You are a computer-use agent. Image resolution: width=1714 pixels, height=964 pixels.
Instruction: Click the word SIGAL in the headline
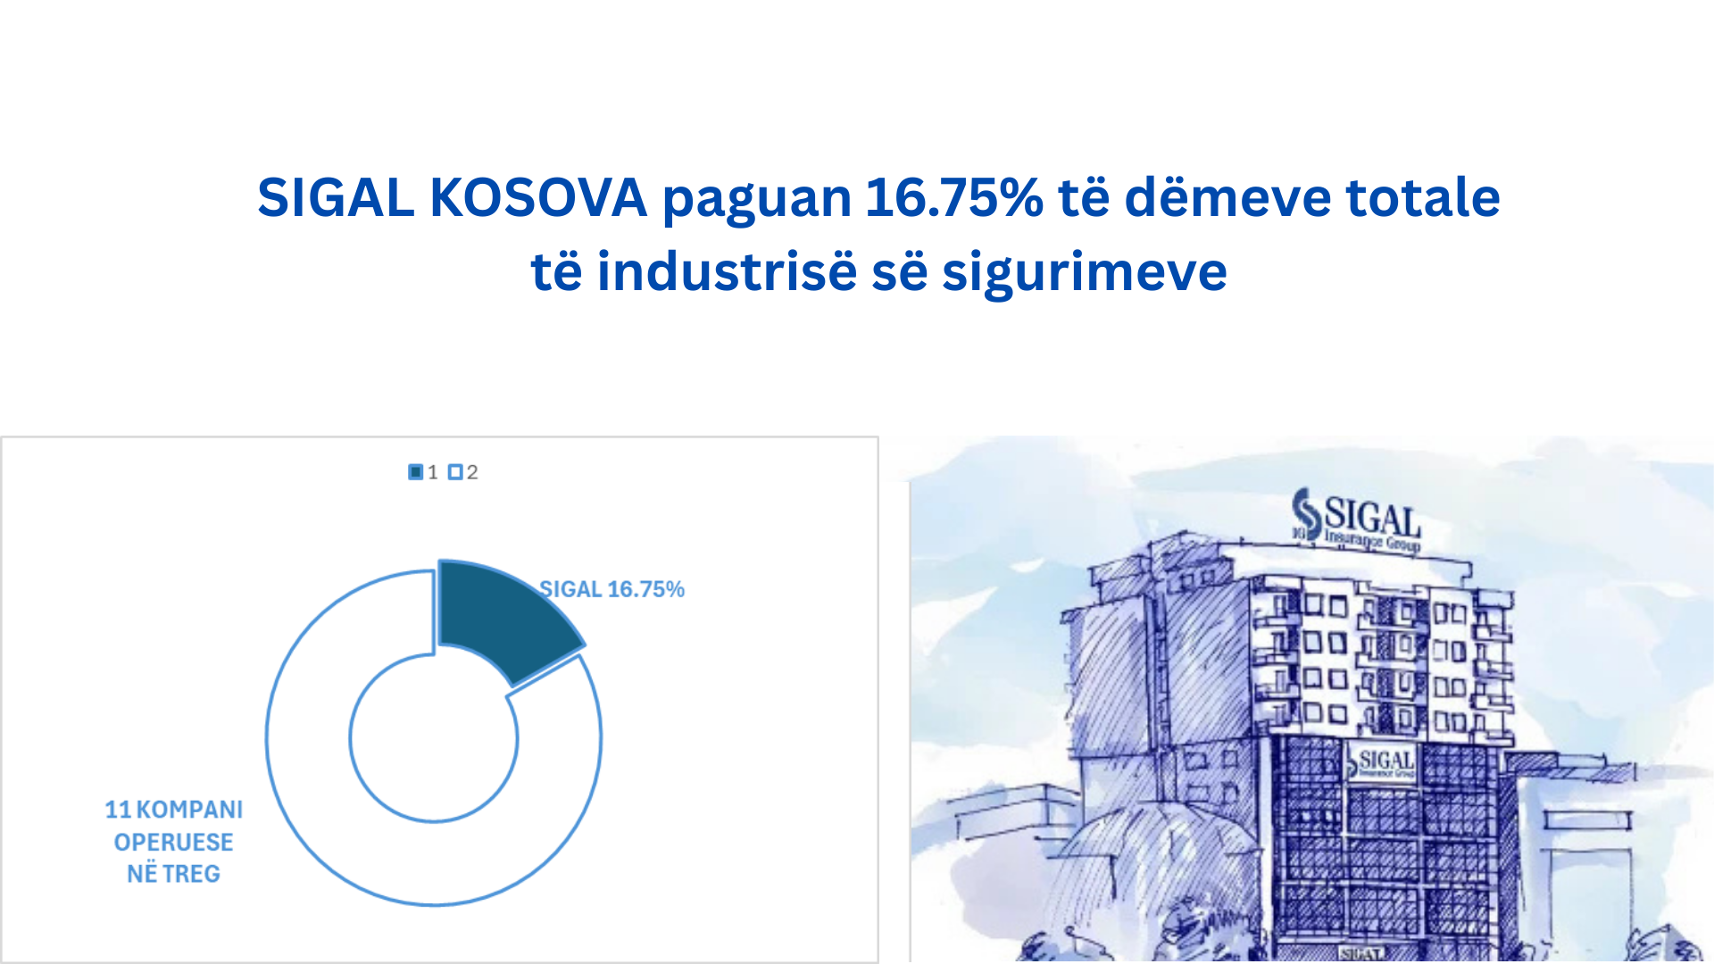click(336, 197)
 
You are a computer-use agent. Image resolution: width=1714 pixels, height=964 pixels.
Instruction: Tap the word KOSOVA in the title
click(538, 197)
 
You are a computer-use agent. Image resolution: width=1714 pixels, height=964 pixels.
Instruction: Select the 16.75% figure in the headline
click(954, 197)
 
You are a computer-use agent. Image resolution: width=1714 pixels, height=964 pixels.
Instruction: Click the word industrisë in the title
click(727, 271)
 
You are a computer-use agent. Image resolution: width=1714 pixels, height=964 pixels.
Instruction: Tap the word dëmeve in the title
click(1227, 197)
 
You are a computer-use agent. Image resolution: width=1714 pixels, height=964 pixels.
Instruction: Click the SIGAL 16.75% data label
click(612, 589)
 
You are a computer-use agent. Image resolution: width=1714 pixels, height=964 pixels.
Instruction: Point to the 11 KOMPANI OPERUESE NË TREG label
click(173, 842)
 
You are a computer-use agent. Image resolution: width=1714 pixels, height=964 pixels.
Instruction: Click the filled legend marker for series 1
click(415, 472)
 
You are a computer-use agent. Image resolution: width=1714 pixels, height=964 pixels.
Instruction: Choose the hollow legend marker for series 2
click(455, 472)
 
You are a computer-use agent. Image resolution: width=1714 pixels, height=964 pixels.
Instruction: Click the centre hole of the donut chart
click(434, 738)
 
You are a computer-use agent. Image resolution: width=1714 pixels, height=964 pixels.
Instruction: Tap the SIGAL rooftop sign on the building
click(1372, 517)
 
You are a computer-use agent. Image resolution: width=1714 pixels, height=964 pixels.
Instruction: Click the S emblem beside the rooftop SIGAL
click(1307, 514)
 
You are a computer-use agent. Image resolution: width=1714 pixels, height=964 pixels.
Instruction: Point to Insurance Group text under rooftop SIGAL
click(1372, 540)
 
